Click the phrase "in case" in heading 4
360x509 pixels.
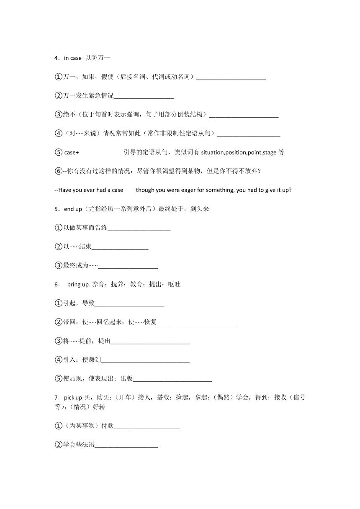click(x=73, y=58)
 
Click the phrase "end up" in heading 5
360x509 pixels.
click(x=73, y=209)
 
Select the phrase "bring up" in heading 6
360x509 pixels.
click(x=78, y=285)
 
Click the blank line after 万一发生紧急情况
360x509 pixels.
click(x=144, y=96)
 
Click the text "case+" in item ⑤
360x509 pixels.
click(x=72, y=152)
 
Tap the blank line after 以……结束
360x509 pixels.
click(x=120, y=247)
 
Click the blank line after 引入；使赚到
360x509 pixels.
click(x=145, y=360)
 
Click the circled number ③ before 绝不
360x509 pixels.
click(x=58, y=115)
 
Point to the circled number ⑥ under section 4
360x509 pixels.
click(x=58, y=171)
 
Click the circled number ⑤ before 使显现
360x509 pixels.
click(x=58, y=379)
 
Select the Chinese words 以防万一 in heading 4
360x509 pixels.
click(x=97, y=58)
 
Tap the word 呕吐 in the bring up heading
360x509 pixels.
click(x=174, y=285)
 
